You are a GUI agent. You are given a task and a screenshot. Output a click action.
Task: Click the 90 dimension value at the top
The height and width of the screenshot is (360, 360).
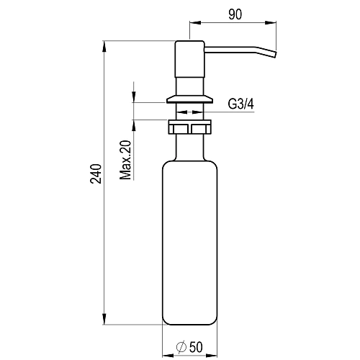point(235,14)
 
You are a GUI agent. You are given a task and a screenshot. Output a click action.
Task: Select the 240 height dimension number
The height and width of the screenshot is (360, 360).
point(96,174)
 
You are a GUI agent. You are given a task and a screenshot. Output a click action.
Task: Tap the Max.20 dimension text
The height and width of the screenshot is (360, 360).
point(126,160)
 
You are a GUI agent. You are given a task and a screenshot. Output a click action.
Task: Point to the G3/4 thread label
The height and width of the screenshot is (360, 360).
point(240,104)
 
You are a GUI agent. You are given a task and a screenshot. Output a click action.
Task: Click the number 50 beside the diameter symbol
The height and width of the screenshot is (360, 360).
point(196,347)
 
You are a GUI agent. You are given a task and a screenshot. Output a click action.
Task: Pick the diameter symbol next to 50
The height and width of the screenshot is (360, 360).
point(181,347)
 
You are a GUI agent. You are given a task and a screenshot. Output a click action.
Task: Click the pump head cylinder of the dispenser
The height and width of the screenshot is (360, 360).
point(189,59)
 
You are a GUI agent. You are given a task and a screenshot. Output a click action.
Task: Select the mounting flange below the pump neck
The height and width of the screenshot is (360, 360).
point(189,99)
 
